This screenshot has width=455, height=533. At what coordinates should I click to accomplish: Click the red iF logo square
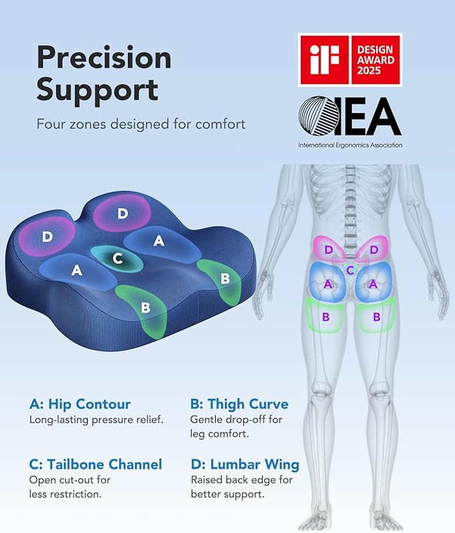click(324, 60)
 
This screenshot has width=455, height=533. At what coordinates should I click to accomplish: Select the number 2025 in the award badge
click(375, 72)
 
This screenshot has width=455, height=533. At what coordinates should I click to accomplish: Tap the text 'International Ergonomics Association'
click(350, 145)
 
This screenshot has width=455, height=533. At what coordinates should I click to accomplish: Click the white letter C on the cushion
click(117, 258)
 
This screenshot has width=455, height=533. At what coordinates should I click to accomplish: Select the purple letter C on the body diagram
click(350, 271)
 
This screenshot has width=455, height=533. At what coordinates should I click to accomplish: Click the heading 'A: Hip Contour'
click(80, 404)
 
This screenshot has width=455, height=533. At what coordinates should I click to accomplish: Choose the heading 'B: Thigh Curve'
click(239, 404)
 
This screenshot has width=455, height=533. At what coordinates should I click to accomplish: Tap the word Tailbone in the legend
click(80, 464)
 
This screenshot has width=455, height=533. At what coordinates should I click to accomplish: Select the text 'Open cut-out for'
click(70, 479)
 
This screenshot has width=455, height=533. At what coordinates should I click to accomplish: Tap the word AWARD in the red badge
click(375, 60)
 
